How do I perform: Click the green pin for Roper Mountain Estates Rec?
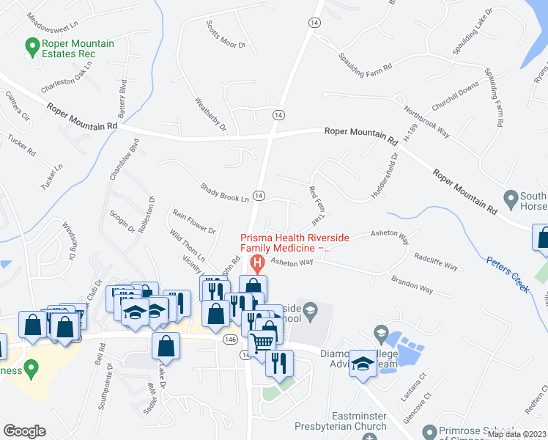click(32, 48)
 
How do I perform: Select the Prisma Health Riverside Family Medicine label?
click(296, 243)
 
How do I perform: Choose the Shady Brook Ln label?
click(225, 193)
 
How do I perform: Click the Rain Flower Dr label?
click(193, 221)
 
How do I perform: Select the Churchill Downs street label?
click(454, 95)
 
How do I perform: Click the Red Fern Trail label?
click(316, 205)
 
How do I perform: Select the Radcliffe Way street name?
click(436, 262)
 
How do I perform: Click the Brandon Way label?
click(411, 284)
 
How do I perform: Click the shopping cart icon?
click(262, 342)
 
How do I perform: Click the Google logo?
click(24, 431)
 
